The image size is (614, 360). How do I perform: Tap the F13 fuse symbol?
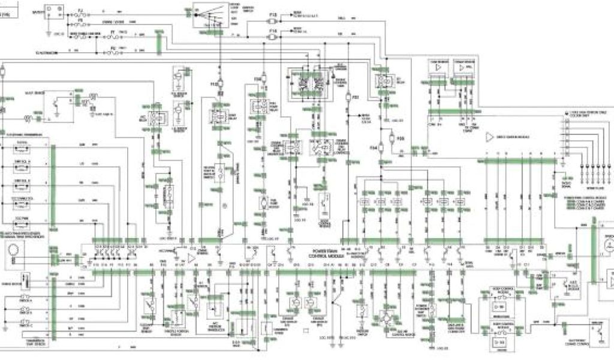(x=273, y=21)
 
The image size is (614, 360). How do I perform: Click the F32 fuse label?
(x=356, y=97)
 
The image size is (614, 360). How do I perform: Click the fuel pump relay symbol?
(x=261, y=106)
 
